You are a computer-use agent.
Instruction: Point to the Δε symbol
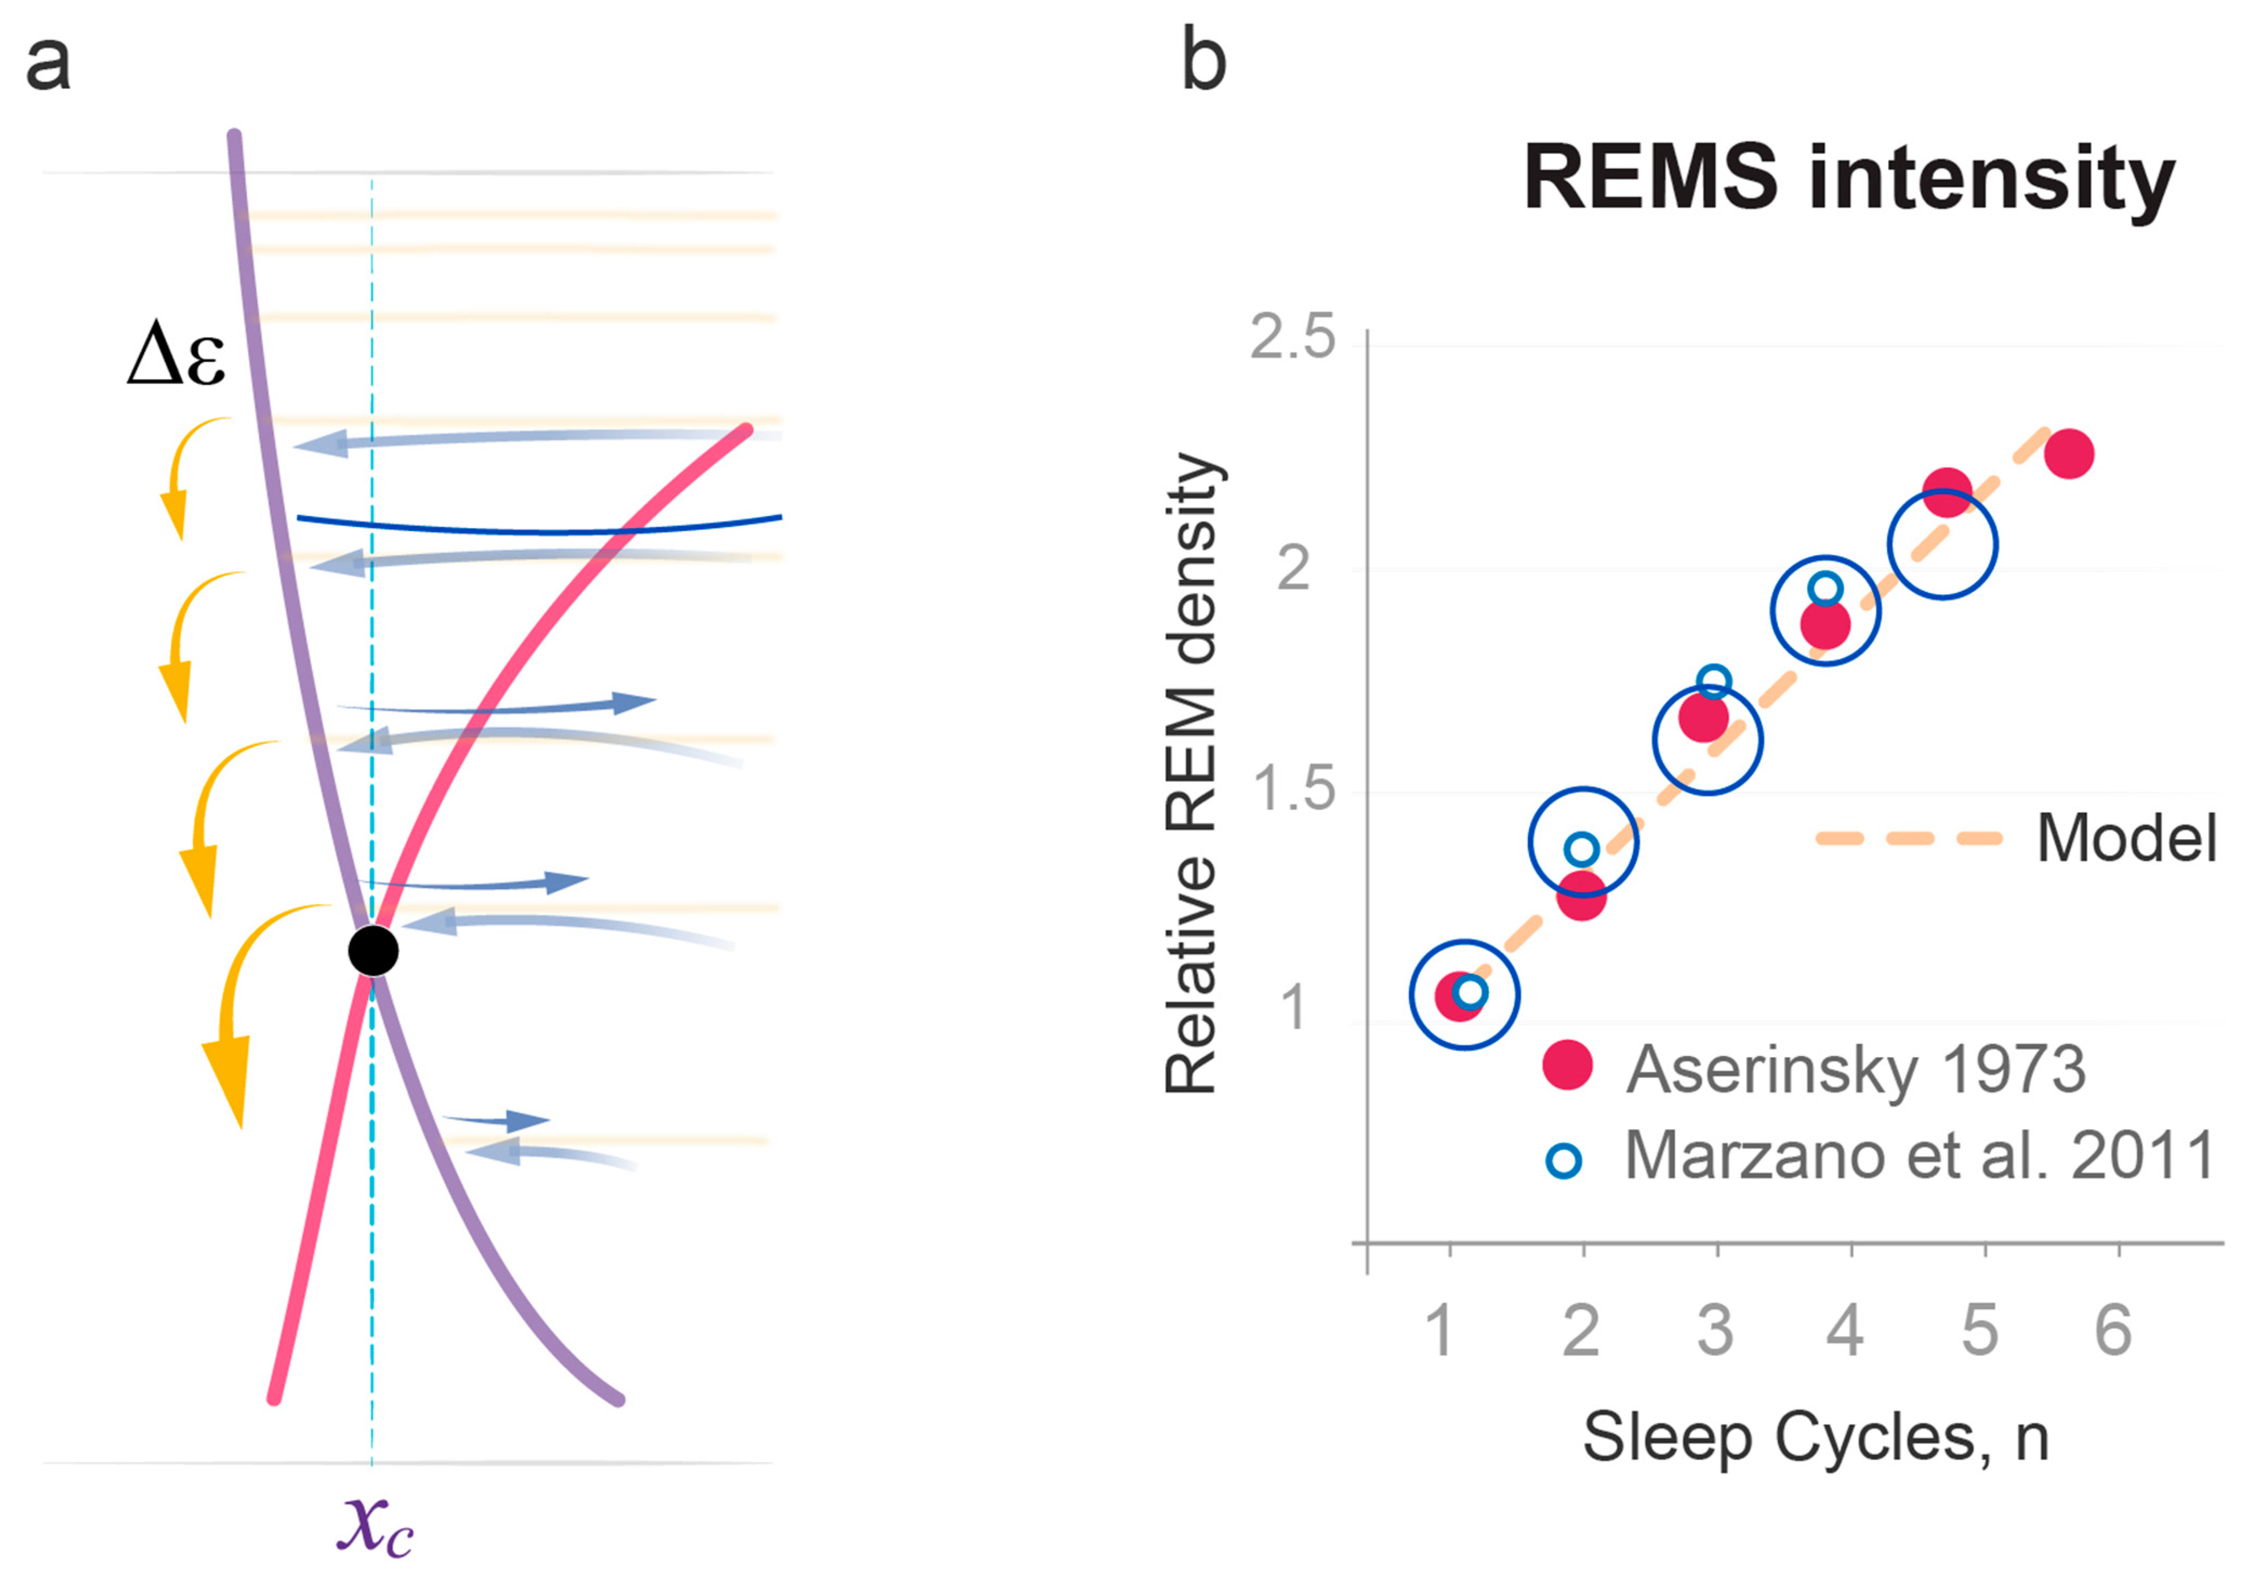coord(176,358)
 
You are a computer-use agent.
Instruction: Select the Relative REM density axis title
coord(1192,774)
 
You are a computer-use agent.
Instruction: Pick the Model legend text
coord(2126,839)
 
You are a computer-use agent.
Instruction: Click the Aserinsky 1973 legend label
coord(1855,1070)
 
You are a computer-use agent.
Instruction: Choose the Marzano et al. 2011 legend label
coord(1919,1157)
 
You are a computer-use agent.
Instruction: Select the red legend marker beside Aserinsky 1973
coord(1567,1065)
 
